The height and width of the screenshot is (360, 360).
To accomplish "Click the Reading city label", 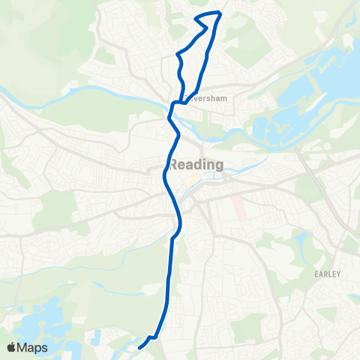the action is pos(196,164).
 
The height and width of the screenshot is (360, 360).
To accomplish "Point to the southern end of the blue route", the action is pos(140,348).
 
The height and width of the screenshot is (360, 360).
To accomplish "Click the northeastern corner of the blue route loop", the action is pos(220,13).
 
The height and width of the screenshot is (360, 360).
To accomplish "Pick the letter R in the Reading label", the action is pos(175,164).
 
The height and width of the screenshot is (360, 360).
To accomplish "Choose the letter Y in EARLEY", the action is pos(339,274).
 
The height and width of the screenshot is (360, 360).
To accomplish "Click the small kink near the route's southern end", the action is pos(153,337).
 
